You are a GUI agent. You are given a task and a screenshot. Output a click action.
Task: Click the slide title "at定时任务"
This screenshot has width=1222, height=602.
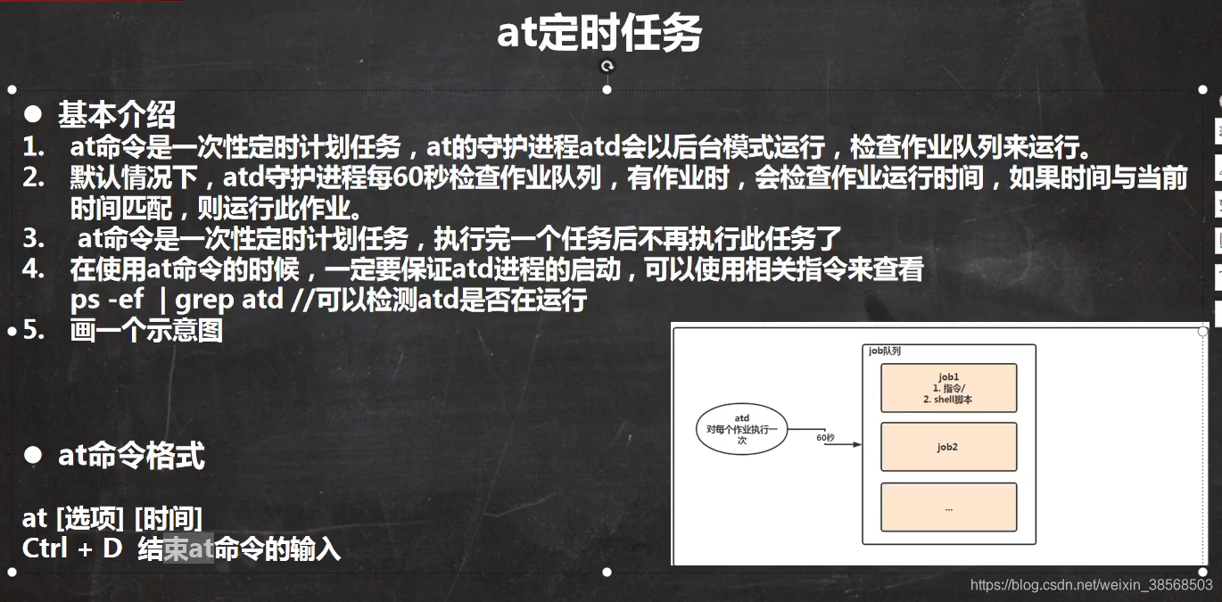pos(599,34)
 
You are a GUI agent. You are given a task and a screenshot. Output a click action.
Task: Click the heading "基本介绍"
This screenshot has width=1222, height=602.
pos(117,115)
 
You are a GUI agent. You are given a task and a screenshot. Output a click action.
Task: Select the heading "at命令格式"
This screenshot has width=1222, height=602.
pos(131,456)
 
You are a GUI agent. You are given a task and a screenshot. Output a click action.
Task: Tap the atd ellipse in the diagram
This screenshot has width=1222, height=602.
pos(742,429)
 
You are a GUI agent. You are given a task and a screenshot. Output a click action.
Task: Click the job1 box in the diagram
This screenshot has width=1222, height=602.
pos(948,388)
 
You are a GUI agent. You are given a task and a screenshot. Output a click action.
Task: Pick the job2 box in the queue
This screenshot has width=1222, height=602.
pos(948,447)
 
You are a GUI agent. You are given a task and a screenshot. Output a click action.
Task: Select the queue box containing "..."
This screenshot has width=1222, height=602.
pos(948,507)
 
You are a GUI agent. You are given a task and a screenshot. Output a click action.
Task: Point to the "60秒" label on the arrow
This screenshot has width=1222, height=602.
pos(825,438)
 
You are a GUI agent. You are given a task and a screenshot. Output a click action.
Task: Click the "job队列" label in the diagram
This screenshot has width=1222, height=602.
pos(885,351)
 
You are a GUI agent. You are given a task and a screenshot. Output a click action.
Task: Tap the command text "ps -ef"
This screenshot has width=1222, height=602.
pos(107,301)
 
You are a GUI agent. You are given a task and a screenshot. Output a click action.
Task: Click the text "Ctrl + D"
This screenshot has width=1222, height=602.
pos(71,548)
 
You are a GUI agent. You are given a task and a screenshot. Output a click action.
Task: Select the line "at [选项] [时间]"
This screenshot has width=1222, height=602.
pos(112,517)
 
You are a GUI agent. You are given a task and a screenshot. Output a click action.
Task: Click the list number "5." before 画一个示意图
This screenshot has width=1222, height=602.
pos(34,331)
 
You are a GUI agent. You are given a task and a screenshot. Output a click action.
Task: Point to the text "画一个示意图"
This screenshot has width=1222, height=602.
pos(146,331)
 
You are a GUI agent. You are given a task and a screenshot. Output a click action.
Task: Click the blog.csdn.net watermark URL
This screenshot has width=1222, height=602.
pos(1091,585)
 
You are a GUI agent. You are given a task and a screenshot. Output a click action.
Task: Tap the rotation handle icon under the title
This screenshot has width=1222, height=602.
pos(607,66)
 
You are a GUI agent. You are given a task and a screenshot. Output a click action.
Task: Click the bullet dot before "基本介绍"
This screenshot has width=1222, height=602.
pos(33,114)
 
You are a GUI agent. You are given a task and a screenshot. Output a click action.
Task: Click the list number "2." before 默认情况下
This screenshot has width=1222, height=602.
pos(34,177)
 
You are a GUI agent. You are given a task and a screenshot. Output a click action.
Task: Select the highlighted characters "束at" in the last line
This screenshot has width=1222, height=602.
pos(189,548)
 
